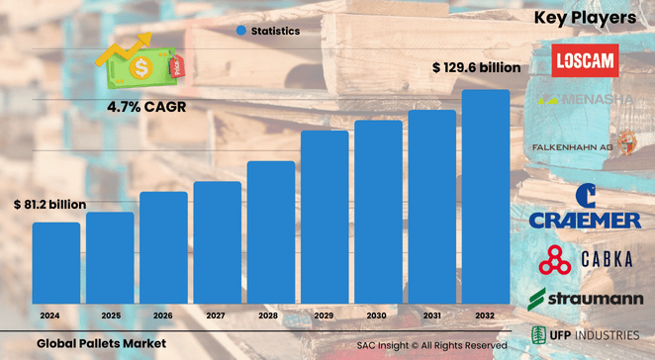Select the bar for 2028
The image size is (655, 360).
(271, 231)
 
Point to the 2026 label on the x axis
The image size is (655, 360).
(163, 315)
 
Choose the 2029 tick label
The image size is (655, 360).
(325, 315)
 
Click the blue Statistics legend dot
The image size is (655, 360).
(241, 31)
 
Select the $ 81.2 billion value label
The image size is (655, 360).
(50, 205)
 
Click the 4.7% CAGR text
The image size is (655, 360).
(141, 102)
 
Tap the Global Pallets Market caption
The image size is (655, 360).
(100, 343)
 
